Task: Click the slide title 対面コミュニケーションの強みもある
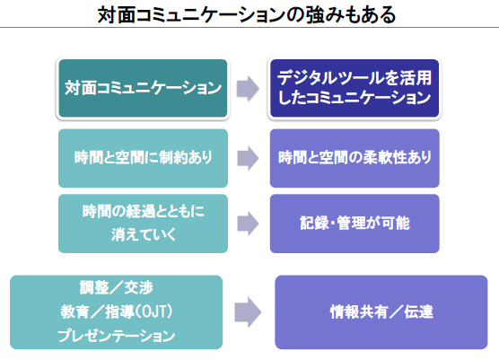[x=247, y=14]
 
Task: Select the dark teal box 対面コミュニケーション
[x=143, y=88]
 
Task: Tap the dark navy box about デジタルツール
[x=355, y=88]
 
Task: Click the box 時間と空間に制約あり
[x=143, y=158]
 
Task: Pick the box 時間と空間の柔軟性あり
[x=355, y=158]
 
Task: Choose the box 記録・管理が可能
[x=355, y=224]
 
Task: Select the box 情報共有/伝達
[x=381, y=312]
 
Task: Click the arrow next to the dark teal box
[x=248, y=89]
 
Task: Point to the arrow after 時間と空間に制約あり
[x=248, y=158]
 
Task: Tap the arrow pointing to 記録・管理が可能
[x=248, y=224]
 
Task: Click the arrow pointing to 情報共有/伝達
[x=248, y=312]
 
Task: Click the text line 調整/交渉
[x=116, y=288]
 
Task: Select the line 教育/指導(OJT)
[x=117, y=312]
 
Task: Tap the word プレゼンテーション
[x=117, y=336]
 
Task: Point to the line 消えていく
[x=144, y=235]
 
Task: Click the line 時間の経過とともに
[x=144, y=211]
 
